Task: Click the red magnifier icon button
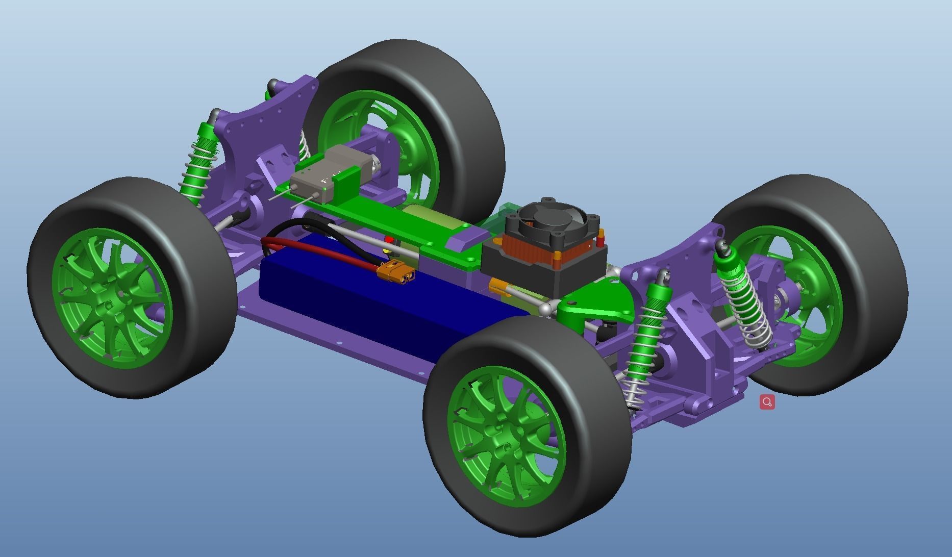[x=767, y=402]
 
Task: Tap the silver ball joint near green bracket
[x=546, y=308]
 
